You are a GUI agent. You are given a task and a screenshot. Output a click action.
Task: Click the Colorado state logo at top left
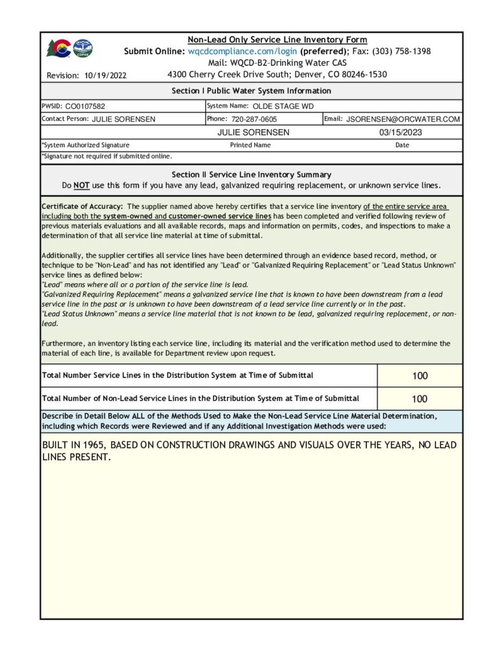pyautogui.click(x=59, y=48)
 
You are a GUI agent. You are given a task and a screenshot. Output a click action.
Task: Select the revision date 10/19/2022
pyautogui.click(x=105, y=75)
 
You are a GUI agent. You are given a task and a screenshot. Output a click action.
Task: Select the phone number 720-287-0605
pyautogui.click(x=254, y=119)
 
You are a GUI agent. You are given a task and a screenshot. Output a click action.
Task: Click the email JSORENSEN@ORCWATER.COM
pyautogui.click(x=403, y=119)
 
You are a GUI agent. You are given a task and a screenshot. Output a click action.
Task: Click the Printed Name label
pyautogui.click(x=250, y=145)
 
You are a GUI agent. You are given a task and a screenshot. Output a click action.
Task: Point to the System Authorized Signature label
pyautogui.click(x=85, y=145)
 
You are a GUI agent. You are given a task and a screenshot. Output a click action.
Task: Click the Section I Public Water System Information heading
pyautogui.click(x=251, y=91)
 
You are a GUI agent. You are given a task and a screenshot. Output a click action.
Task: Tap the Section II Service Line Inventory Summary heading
pyautogui.click(x=251, y=174)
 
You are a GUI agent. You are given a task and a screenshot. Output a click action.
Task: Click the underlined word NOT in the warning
pyautogui.click(x=81, y=185)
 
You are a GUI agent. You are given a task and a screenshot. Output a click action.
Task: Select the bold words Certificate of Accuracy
pyautogui.click(x=82, y=206)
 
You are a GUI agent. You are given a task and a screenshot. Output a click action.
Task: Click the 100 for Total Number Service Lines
pyautogui.click(x=420, y=376)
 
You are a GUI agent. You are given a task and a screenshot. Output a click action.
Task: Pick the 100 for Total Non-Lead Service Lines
pyautogui.click(x=420, y=399)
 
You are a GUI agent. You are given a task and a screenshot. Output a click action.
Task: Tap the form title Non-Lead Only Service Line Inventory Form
pyautogui.click(x=277, y=39)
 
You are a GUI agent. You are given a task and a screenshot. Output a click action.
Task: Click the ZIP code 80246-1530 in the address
pyautogui.click(x=362, y=74)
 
